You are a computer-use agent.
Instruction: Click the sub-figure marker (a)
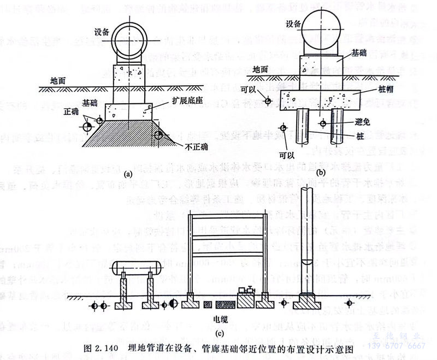(x=128, y=174)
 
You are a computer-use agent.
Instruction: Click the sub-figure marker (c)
(x=220, y=333)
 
